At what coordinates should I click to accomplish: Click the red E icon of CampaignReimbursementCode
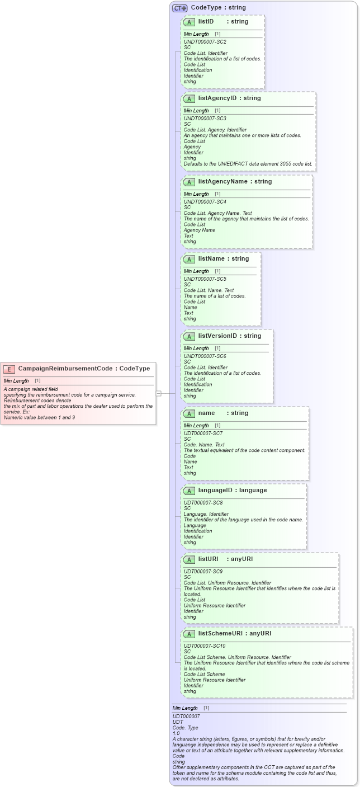(10, 369)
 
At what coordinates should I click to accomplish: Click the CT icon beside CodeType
(179, 8)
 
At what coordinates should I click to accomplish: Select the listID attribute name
(206, 21)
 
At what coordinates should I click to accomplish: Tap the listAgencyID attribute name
(217, 98)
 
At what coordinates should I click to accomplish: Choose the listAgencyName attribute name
(222, 182)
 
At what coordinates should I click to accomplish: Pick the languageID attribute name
(217, 491)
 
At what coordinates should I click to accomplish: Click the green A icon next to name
(189, 413)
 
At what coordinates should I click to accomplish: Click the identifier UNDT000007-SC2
(205, 42)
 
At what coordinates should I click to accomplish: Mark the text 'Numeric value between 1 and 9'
(39, 417)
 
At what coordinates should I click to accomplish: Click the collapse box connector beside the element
(159, 393)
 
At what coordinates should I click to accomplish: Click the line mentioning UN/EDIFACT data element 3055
(248, 164)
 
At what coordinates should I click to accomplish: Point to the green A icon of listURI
(189, 559)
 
